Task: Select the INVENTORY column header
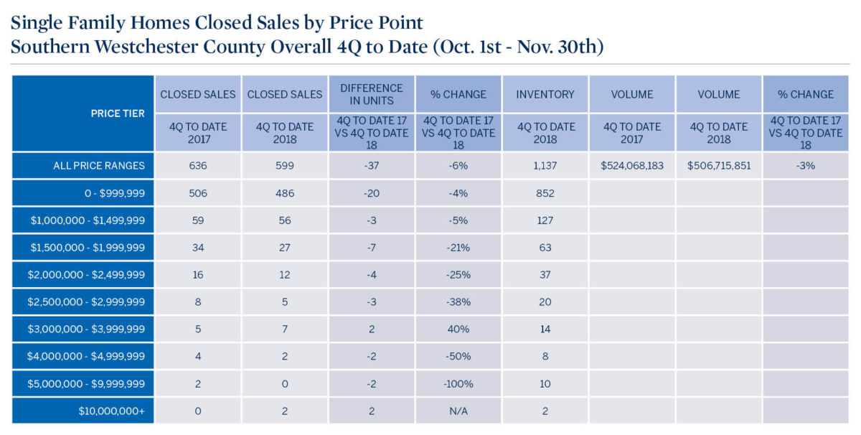point(545,94)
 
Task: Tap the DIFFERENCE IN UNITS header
point(372,94)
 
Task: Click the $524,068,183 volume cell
point(632,166)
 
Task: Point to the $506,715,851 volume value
point(719,166)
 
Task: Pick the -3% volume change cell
point(806,166)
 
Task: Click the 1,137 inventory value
point(545,166)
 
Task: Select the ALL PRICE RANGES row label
point(99,166)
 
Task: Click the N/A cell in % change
point(458,411)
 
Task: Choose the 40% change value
point(458,329)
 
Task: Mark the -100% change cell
point(458,384)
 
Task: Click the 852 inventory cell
point(545,193)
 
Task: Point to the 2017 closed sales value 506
point(198,193)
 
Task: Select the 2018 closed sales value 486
point(285,193)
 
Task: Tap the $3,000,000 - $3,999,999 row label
point(97,329)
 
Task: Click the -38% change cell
point(458,302)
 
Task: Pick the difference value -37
point(372,166)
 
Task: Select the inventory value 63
point(545,248)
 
